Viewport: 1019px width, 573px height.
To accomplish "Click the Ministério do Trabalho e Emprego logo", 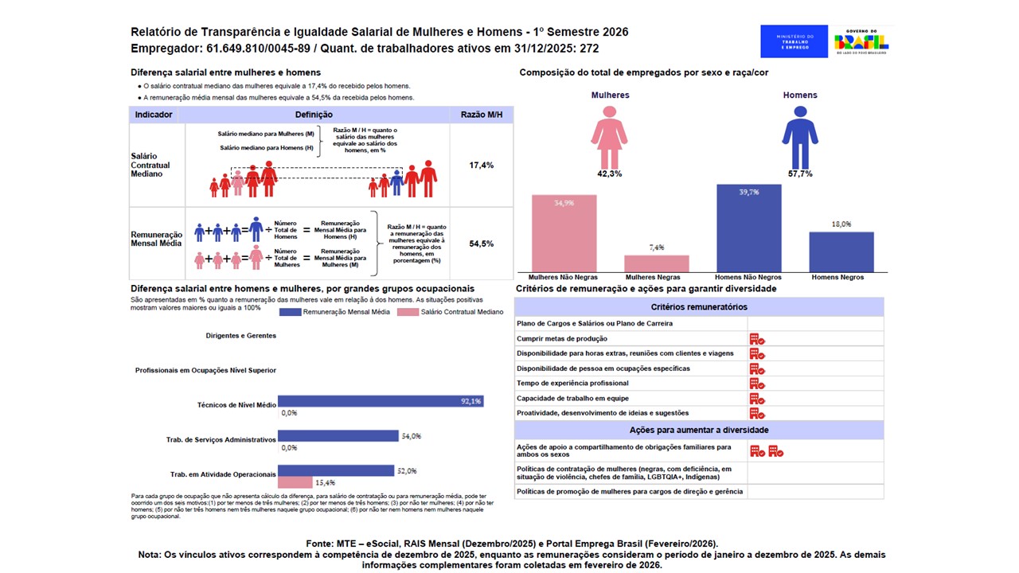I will (794, 41).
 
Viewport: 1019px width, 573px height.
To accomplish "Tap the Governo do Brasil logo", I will (861, 41).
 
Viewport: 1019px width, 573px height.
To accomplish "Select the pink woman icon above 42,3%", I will (610, 136).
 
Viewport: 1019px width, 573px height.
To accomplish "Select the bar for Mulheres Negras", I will (657, 263).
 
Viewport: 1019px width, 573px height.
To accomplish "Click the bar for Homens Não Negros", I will (748, 228).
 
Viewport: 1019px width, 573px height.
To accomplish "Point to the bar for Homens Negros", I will (841, 251).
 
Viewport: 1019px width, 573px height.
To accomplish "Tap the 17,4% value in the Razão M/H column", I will (482, 166).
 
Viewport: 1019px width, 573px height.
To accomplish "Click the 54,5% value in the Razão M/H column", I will (482, 244).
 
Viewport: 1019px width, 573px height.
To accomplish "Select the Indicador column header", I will (154, 115).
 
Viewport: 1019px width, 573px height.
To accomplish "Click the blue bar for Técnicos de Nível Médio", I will (380, 402).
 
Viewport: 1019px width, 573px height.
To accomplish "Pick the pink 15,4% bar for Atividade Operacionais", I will (295, 482).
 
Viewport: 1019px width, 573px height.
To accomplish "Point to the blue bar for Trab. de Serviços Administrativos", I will (338, 436).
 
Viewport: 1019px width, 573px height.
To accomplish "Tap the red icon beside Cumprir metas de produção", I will (756, 339).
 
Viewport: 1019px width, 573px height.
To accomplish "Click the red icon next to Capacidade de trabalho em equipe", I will (756, 399).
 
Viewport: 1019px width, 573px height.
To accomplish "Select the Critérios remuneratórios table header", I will (699, 307).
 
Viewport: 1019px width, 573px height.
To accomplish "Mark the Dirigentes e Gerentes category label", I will (240, 336).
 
